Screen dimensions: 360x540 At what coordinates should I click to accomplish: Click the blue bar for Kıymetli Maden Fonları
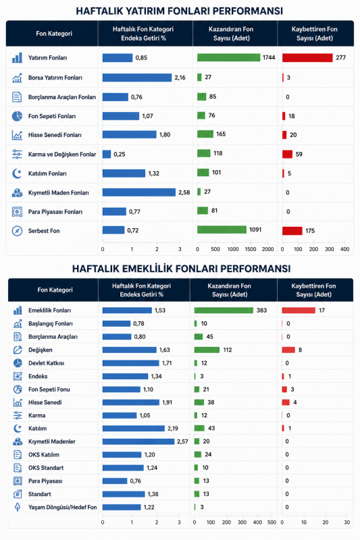(139, 192)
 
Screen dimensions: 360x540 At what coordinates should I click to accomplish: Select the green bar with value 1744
(228, 57)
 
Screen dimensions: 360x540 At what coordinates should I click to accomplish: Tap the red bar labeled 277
(307, 57)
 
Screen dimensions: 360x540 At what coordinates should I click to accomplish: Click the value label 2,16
(180, 78)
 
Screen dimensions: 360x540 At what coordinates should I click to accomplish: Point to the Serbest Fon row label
(44, 231)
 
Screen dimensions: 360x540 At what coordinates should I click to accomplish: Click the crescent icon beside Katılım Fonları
(17, 173)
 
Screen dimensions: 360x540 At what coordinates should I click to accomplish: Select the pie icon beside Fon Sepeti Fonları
(17, 116)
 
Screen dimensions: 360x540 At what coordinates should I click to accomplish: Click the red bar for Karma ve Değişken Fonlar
(287, 154)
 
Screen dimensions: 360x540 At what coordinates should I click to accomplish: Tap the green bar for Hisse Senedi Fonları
(205, 134)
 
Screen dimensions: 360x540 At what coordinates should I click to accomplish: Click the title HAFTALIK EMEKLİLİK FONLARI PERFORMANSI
(181, 269)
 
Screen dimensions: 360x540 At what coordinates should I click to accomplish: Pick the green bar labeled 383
(224, 310)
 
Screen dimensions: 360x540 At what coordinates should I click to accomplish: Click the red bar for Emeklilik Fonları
(299, 310)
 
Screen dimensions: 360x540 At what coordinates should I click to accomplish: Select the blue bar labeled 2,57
(138, 441)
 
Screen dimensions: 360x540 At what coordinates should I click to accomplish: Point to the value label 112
(228, 350)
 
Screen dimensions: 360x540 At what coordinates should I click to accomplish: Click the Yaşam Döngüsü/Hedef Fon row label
(62, 507)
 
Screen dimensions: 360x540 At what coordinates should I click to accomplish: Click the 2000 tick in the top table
(267, 249)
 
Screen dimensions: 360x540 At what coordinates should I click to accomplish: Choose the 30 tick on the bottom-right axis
(346, 522)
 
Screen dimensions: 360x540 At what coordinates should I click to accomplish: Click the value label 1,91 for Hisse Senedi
(167, 402)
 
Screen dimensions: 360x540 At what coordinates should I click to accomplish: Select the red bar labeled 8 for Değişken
(288, 350)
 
